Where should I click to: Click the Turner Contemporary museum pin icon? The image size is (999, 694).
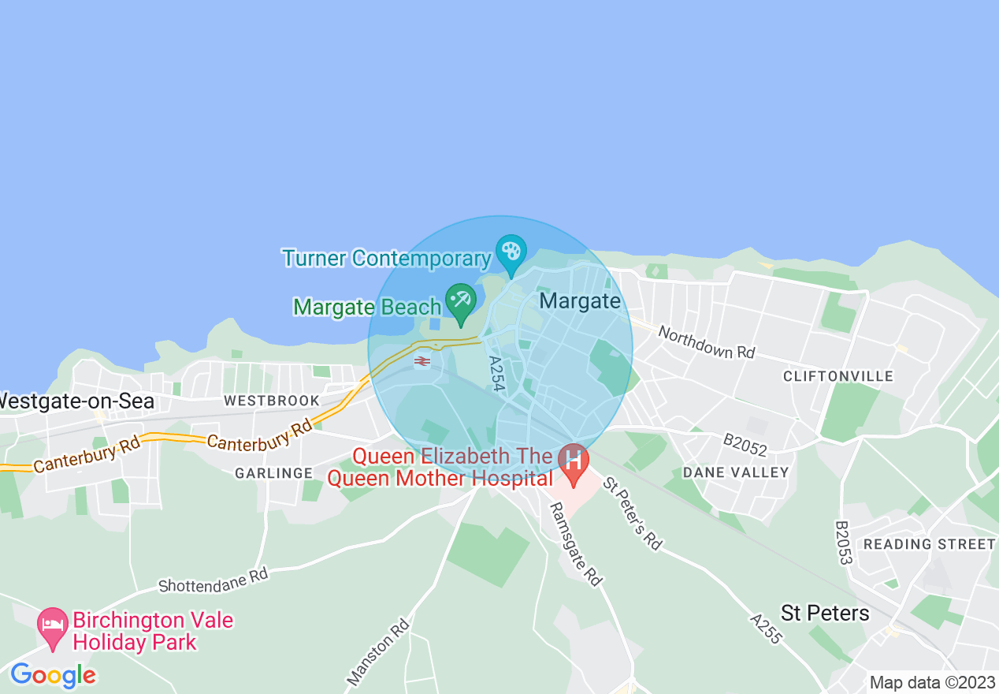click(x=511, y=252)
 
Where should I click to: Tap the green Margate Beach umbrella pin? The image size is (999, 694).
click(x=460, y=301)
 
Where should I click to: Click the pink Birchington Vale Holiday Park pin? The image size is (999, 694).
click(x=53, y=625)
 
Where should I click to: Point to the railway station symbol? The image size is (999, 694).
click(x=422, y=361)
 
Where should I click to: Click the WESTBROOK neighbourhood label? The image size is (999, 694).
click(x=272, y=401)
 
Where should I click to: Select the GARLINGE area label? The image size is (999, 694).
click(x=273, y=473)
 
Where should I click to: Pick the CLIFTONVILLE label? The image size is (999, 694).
click(x=838, y=376)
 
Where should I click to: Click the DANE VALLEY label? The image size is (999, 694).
click(x=735, y=472)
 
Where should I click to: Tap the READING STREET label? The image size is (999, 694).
click(x=929, y=544)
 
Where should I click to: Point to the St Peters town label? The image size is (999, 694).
click(x=825, y=613)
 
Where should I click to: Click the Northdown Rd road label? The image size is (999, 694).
click(x=706, y=342)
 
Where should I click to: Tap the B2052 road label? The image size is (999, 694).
click(x=745, y=444)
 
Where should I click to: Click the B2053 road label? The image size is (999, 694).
click(x=844, y=543)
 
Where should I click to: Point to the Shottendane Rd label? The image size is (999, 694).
click(x=213, y=580)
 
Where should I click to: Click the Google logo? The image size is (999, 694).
click(x=53, y=675)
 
